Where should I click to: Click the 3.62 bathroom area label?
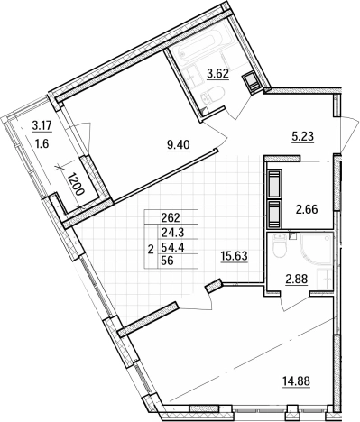(x=218, y=74)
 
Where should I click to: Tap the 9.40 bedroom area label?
(x=179, y=145)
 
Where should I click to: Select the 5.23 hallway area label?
(x=302, y=137)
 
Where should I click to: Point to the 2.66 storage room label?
(x=307, y=209)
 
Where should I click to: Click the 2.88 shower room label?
(x=296, y=280)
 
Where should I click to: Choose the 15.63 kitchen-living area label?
(x=234, y=256)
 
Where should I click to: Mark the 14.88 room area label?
(x=296, y=381)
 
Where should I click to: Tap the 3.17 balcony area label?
(x=42, y=126)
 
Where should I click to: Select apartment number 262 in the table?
(x=171, y=216)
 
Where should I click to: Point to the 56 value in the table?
(x=168, y=261)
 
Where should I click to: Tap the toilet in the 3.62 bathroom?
(x=212, y=94)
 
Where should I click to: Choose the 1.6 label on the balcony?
(x=42, y=143)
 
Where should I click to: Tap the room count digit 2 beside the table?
(x=152, y=249)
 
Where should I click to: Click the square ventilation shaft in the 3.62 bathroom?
(x=251, y=80)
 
